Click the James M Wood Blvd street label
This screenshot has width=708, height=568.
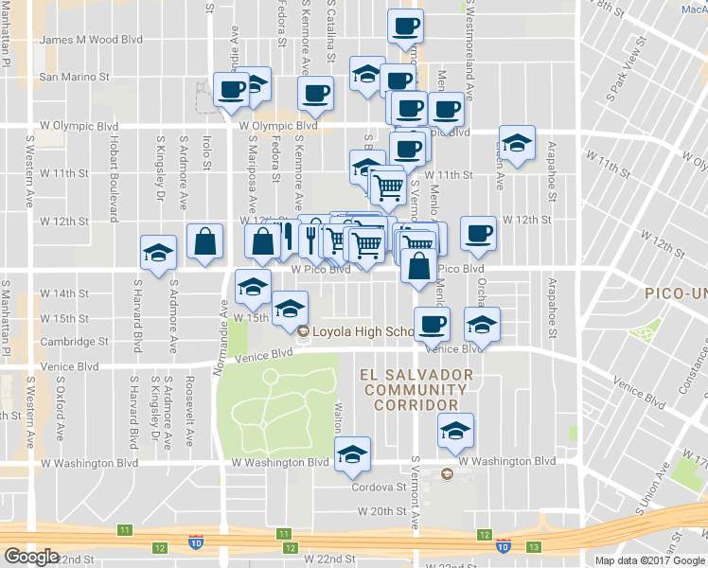[x=91, y=40]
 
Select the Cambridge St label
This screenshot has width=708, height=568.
[x=74, y=342]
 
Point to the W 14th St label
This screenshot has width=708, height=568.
[x=70, y=293]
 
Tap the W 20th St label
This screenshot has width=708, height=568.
[x=382, y=510]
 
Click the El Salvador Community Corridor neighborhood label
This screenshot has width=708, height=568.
[x=416, y=390]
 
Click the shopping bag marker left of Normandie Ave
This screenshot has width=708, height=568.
[x=204, y=242]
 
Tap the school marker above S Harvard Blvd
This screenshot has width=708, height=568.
[x=158, y=253]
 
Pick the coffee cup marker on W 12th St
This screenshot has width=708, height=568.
[x=478, y=233]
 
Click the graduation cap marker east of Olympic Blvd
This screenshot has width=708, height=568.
[x=517, y=144]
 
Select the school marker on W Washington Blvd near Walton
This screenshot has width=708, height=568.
[x=353, y=456]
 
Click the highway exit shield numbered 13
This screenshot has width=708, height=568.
[x=535, y=547]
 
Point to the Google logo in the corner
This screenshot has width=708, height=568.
[x=30, y=557]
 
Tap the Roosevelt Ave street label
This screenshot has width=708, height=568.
[x=188, y=414]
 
